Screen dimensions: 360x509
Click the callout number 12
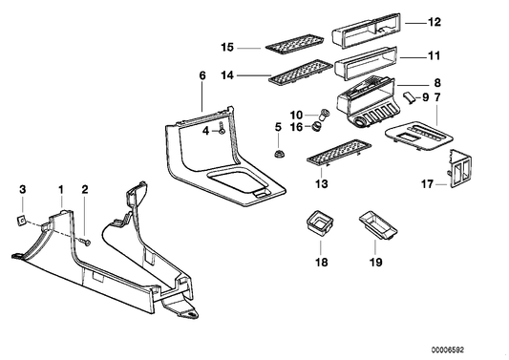(435, 21)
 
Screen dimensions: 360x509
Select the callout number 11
(435, 57)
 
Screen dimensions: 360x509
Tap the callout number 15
(228, 46)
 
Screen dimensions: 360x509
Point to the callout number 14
(228, 74)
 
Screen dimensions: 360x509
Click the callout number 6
(202, 74)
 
